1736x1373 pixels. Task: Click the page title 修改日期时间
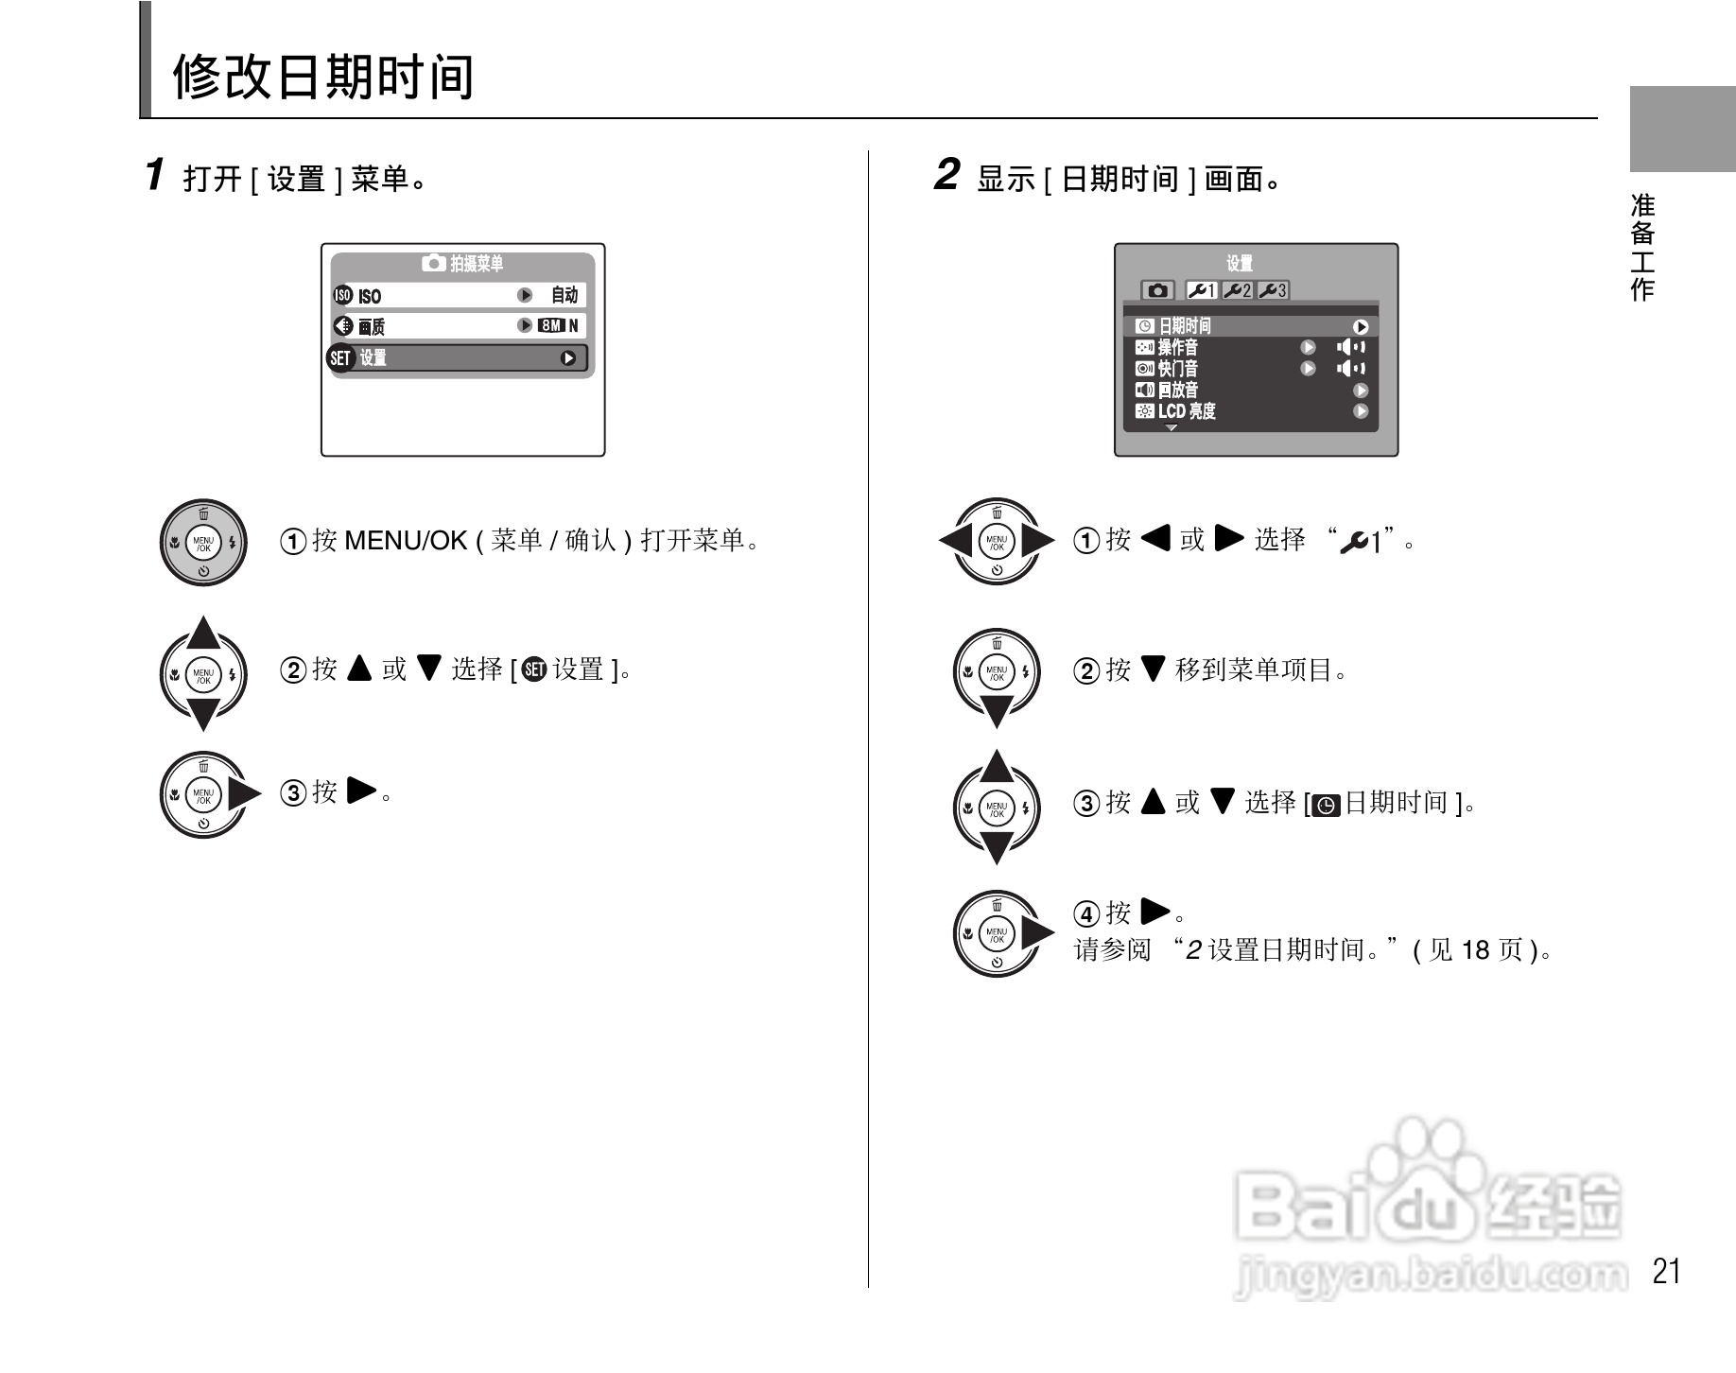click(323, 77)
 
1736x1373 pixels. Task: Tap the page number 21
click(1665, 1271)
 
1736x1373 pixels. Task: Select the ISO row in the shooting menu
click(459, 296)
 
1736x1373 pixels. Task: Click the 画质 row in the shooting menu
click(459, 326)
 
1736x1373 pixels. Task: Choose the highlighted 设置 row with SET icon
click(459, 358)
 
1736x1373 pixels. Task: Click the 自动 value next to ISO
click(564, 296)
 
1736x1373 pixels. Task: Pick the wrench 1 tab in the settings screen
click(1202, 290)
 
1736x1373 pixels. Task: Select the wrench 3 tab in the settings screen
click(1273, 290)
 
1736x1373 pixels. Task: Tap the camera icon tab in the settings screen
click(1157, 290)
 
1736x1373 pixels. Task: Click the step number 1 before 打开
click(155, 175)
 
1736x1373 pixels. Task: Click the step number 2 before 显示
click(946, 175)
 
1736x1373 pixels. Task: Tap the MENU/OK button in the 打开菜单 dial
click(203, 543)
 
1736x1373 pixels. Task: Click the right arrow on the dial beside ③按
click(244, 793)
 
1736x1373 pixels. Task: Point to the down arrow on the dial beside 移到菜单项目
click(997, 711)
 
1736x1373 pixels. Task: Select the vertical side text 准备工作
click(1643, 247)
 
